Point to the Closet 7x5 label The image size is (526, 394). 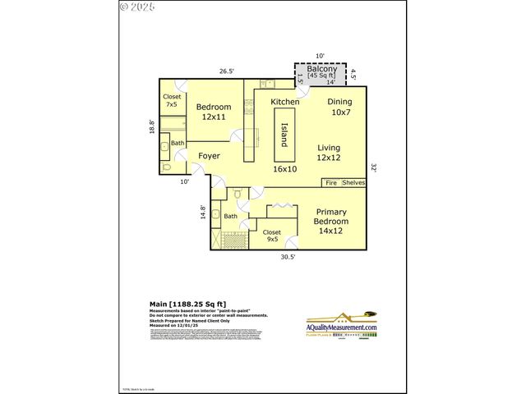172,100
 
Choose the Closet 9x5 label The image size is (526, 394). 271,236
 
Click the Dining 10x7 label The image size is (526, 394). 339,107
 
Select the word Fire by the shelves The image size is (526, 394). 331,182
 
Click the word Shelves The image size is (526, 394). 353,182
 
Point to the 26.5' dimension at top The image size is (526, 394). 226,71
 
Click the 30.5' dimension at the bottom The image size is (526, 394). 288,258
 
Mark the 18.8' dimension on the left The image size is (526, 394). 151,127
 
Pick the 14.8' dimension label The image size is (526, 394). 203,212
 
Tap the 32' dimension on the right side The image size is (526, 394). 373,167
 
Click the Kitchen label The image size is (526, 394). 285,102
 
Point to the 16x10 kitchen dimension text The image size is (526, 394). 284,168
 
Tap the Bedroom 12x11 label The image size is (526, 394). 213,112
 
